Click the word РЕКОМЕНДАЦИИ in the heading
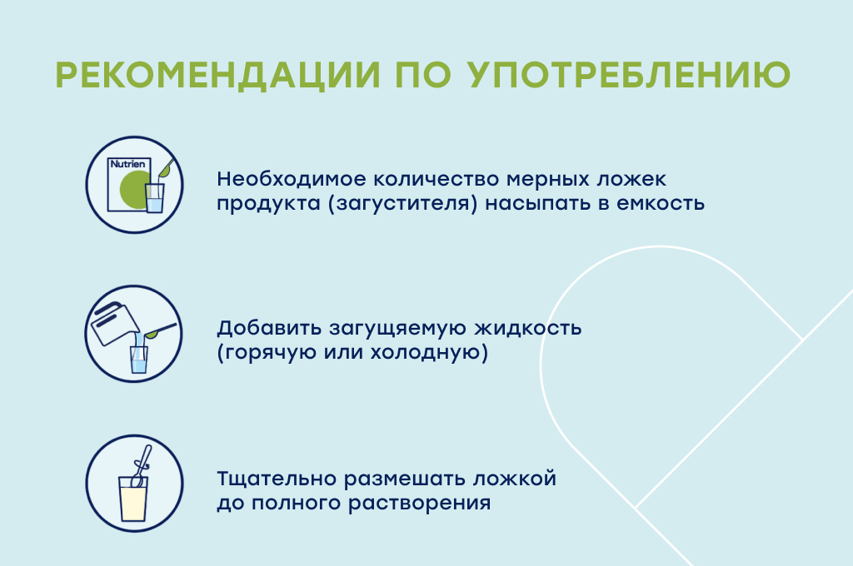217,74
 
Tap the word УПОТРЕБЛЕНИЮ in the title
630,74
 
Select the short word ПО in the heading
423,74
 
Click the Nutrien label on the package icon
127,164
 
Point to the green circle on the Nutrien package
134,189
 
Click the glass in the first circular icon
154,198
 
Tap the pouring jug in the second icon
115,324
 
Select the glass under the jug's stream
139,359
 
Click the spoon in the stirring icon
141,465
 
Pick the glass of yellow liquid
133,499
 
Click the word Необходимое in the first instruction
292,179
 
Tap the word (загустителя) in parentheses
403,204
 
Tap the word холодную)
429,352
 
